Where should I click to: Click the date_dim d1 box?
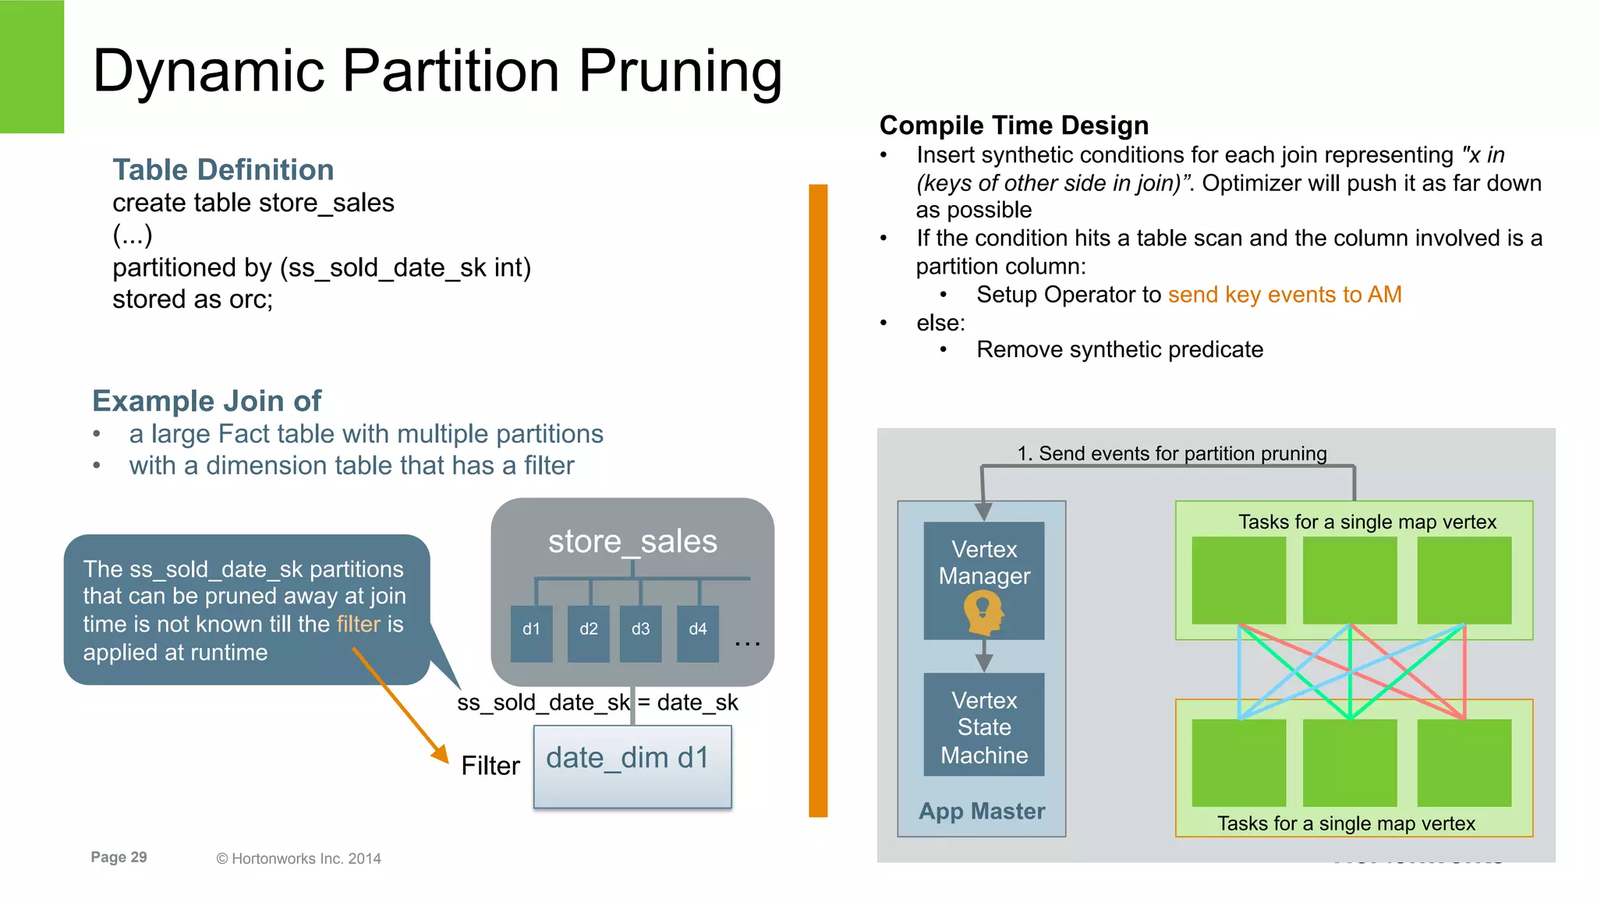tap(632, 766)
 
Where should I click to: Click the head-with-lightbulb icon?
tap(983, 612)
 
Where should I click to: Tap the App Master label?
tap(982, 811)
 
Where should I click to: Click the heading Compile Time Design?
tap(1014, 126)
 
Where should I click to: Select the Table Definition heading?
tap(223, 170)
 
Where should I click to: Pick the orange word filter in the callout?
tap(359, 625)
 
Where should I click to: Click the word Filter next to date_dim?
tap(490, 766)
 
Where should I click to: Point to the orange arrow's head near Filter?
tap(441, 754)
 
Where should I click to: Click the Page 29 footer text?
tap(119, 857)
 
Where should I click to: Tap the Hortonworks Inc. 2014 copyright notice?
tap(299, 858)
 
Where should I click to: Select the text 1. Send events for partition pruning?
tap(1171, 454)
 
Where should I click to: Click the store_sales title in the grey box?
tap(632, 541)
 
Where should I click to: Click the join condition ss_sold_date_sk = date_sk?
tap(597, 703)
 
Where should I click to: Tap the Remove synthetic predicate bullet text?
tap(1119, 349)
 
